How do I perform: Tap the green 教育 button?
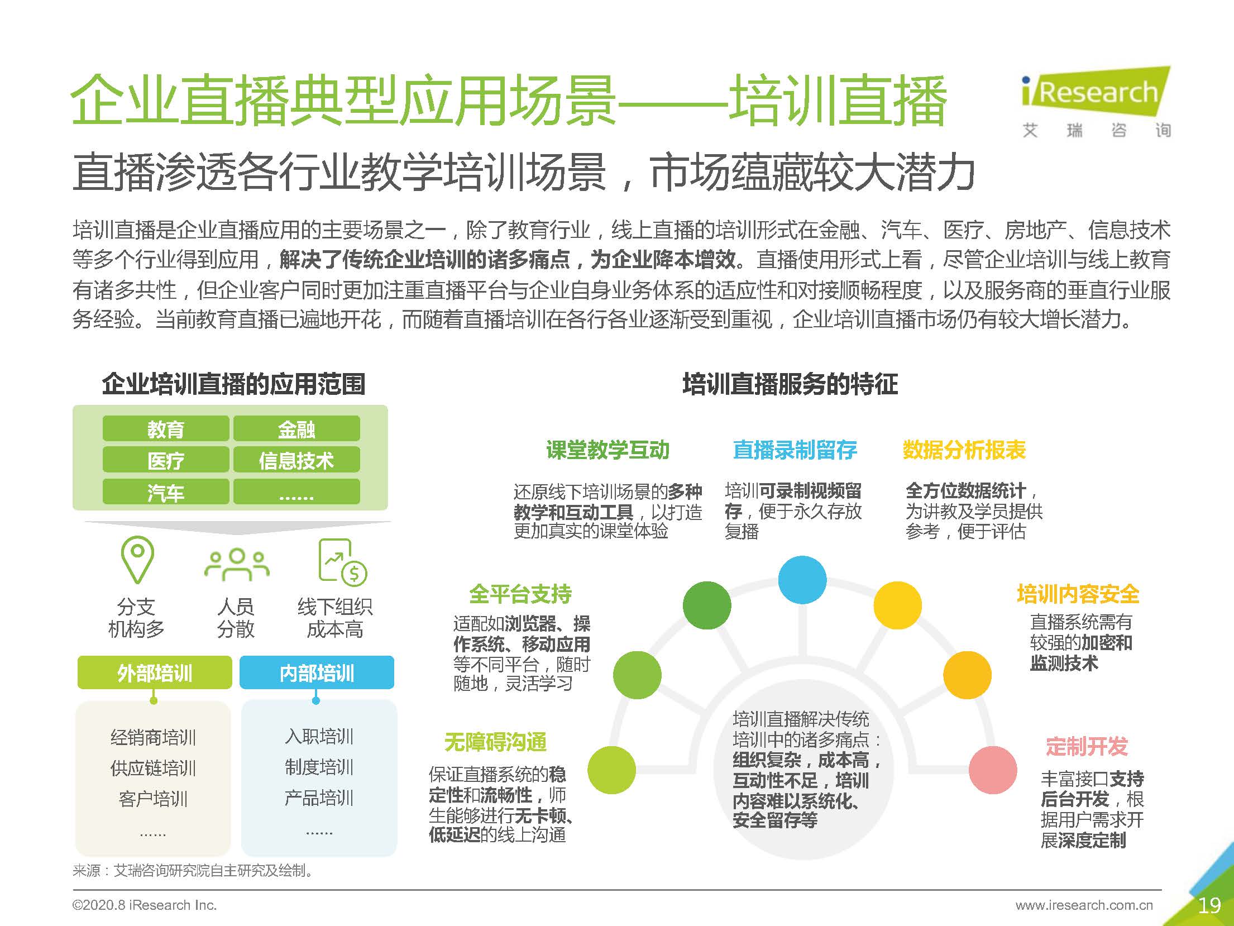[x=166, y=429]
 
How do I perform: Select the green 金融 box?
[x=296, y=429]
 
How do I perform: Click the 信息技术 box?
[x=296, y=460]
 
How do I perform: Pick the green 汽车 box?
[x=166, y=492]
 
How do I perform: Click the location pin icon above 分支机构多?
[x=137, y=559]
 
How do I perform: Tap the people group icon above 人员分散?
[x=237, y=565]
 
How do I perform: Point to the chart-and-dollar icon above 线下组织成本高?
[x=341, y=561]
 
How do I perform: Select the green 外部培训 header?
[x=155, y=672]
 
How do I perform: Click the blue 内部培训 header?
[x=317, y=672]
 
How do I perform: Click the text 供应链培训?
[x=153, y=768]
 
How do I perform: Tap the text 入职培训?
[x=319, y=736]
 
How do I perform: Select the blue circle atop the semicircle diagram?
[x=802, y=580]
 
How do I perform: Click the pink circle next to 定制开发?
[x=992, y=770]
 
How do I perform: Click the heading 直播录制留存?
[x=795, y=450]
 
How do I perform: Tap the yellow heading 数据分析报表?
[x=964, y=450]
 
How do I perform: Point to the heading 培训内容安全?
[x=1078, y=594]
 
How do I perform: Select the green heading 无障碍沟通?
[x=495, y=742]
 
